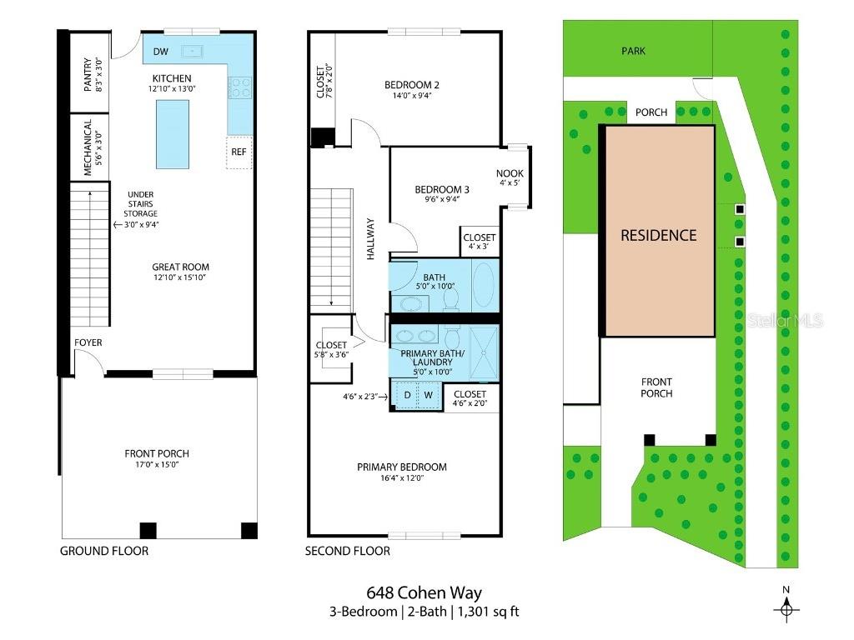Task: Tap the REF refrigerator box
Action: click(x=239, y=152)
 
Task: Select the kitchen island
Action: click(x=173, y=133)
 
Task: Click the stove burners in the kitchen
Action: click(x=240, y=87)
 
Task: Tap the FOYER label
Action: click(x=88, y=342)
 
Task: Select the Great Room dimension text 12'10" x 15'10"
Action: click(x=180, y=277)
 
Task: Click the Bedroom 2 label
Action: click(x=411, y=84)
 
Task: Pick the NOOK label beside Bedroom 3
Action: click(x=510, y=173)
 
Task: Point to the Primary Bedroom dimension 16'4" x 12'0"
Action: click(x=401, y=478)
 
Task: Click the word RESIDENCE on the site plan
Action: click(x=658, y=235)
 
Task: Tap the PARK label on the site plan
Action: click(x=633, y=51)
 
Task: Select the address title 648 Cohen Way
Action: click(x=424, y=593)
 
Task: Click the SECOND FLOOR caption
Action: click(x=347, y=551)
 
